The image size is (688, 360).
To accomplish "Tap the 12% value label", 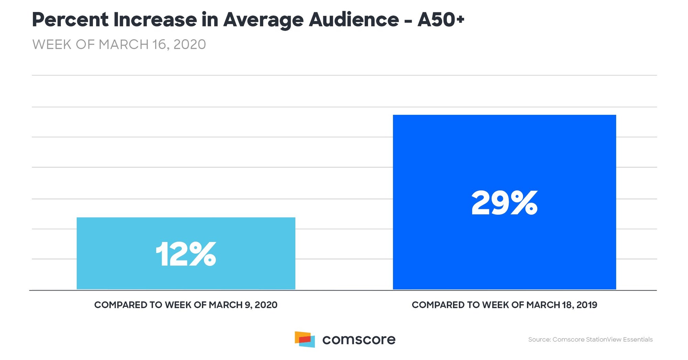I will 186,254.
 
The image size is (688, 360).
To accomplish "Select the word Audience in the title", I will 354,20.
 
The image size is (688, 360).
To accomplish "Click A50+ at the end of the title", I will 441,20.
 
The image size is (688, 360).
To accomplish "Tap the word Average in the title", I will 263,20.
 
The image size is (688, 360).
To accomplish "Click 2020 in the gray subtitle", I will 190,45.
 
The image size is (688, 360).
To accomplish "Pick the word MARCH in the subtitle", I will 123,45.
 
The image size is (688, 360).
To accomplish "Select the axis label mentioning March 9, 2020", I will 186,305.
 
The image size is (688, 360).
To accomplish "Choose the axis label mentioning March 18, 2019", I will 504,305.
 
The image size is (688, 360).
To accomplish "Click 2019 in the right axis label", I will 587,305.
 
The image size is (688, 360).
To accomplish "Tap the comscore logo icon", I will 305,339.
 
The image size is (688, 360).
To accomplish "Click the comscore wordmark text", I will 359,340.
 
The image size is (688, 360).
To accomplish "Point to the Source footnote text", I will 590,340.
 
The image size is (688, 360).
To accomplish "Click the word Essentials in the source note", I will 638,340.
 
